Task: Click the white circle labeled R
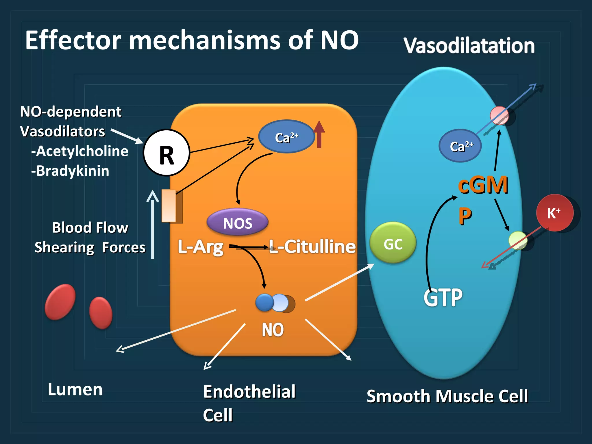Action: pos(166,153)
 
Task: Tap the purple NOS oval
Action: pos(238,222)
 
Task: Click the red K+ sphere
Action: pos(554,213)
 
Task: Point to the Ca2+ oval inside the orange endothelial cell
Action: pos(286,137)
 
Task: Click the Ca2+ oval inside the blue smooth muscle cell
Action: pos(460,146)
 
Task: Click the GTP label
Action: pos(443,298)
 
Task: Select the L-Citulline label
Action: pos(312,247)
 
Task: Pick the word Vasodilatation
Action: pos(469,46)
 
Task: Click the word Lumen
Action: pos(75,389)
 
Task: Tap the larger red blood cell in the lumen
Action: pos(60,302)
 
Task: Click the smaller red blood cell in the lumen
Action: pos(101,313)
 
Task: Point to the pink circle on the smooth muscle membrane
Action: pos(499,115)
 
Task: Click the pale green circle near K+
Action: pos(517,240)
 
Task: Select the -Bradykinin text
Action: pos(70,171)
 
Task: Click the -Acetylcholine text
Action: pos(80,151)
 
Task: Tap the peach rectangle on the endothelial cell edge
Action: pos(169,206)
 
